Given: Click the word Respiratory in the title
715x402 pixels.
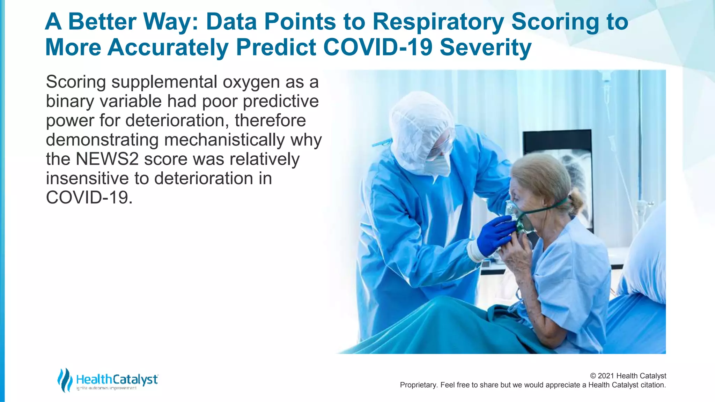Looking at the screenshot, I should click(x=438, y=22).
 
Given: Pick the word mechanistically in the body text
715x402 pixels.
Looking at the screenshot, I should click(x=224, y=140).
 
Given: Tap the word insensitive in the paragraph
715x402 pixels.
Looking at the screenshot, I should click(x=87, y=178).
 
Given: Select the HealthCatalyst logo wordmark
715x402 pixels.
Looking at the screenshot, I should click(x=117, y=379).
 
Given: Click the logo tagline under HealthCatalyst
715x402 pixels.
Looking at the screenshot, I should click(x=106, y=388).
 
